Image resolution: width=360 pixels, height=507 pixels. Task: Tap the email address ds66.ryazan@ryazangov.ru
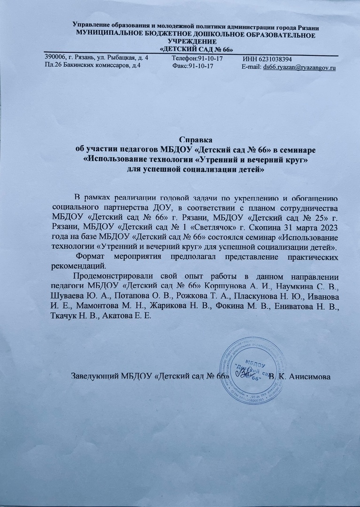point(300,68)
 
